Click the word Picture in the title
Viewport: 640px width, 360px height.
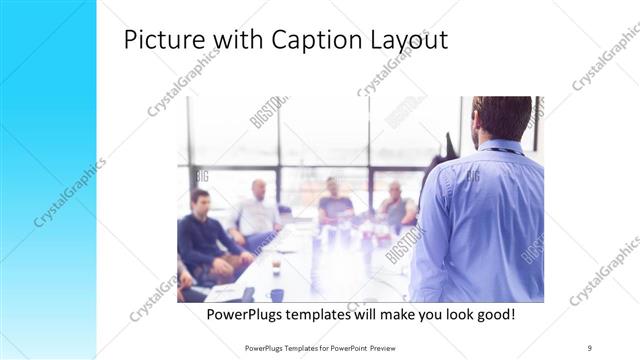click(164, 40)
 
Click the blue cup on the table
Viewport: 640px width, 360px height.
click(276, 295)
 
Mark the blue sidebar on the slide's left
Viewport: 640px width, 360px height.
click(48, 180)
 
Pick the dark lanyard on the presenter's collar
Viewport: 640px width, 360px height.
click(505, 151)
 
